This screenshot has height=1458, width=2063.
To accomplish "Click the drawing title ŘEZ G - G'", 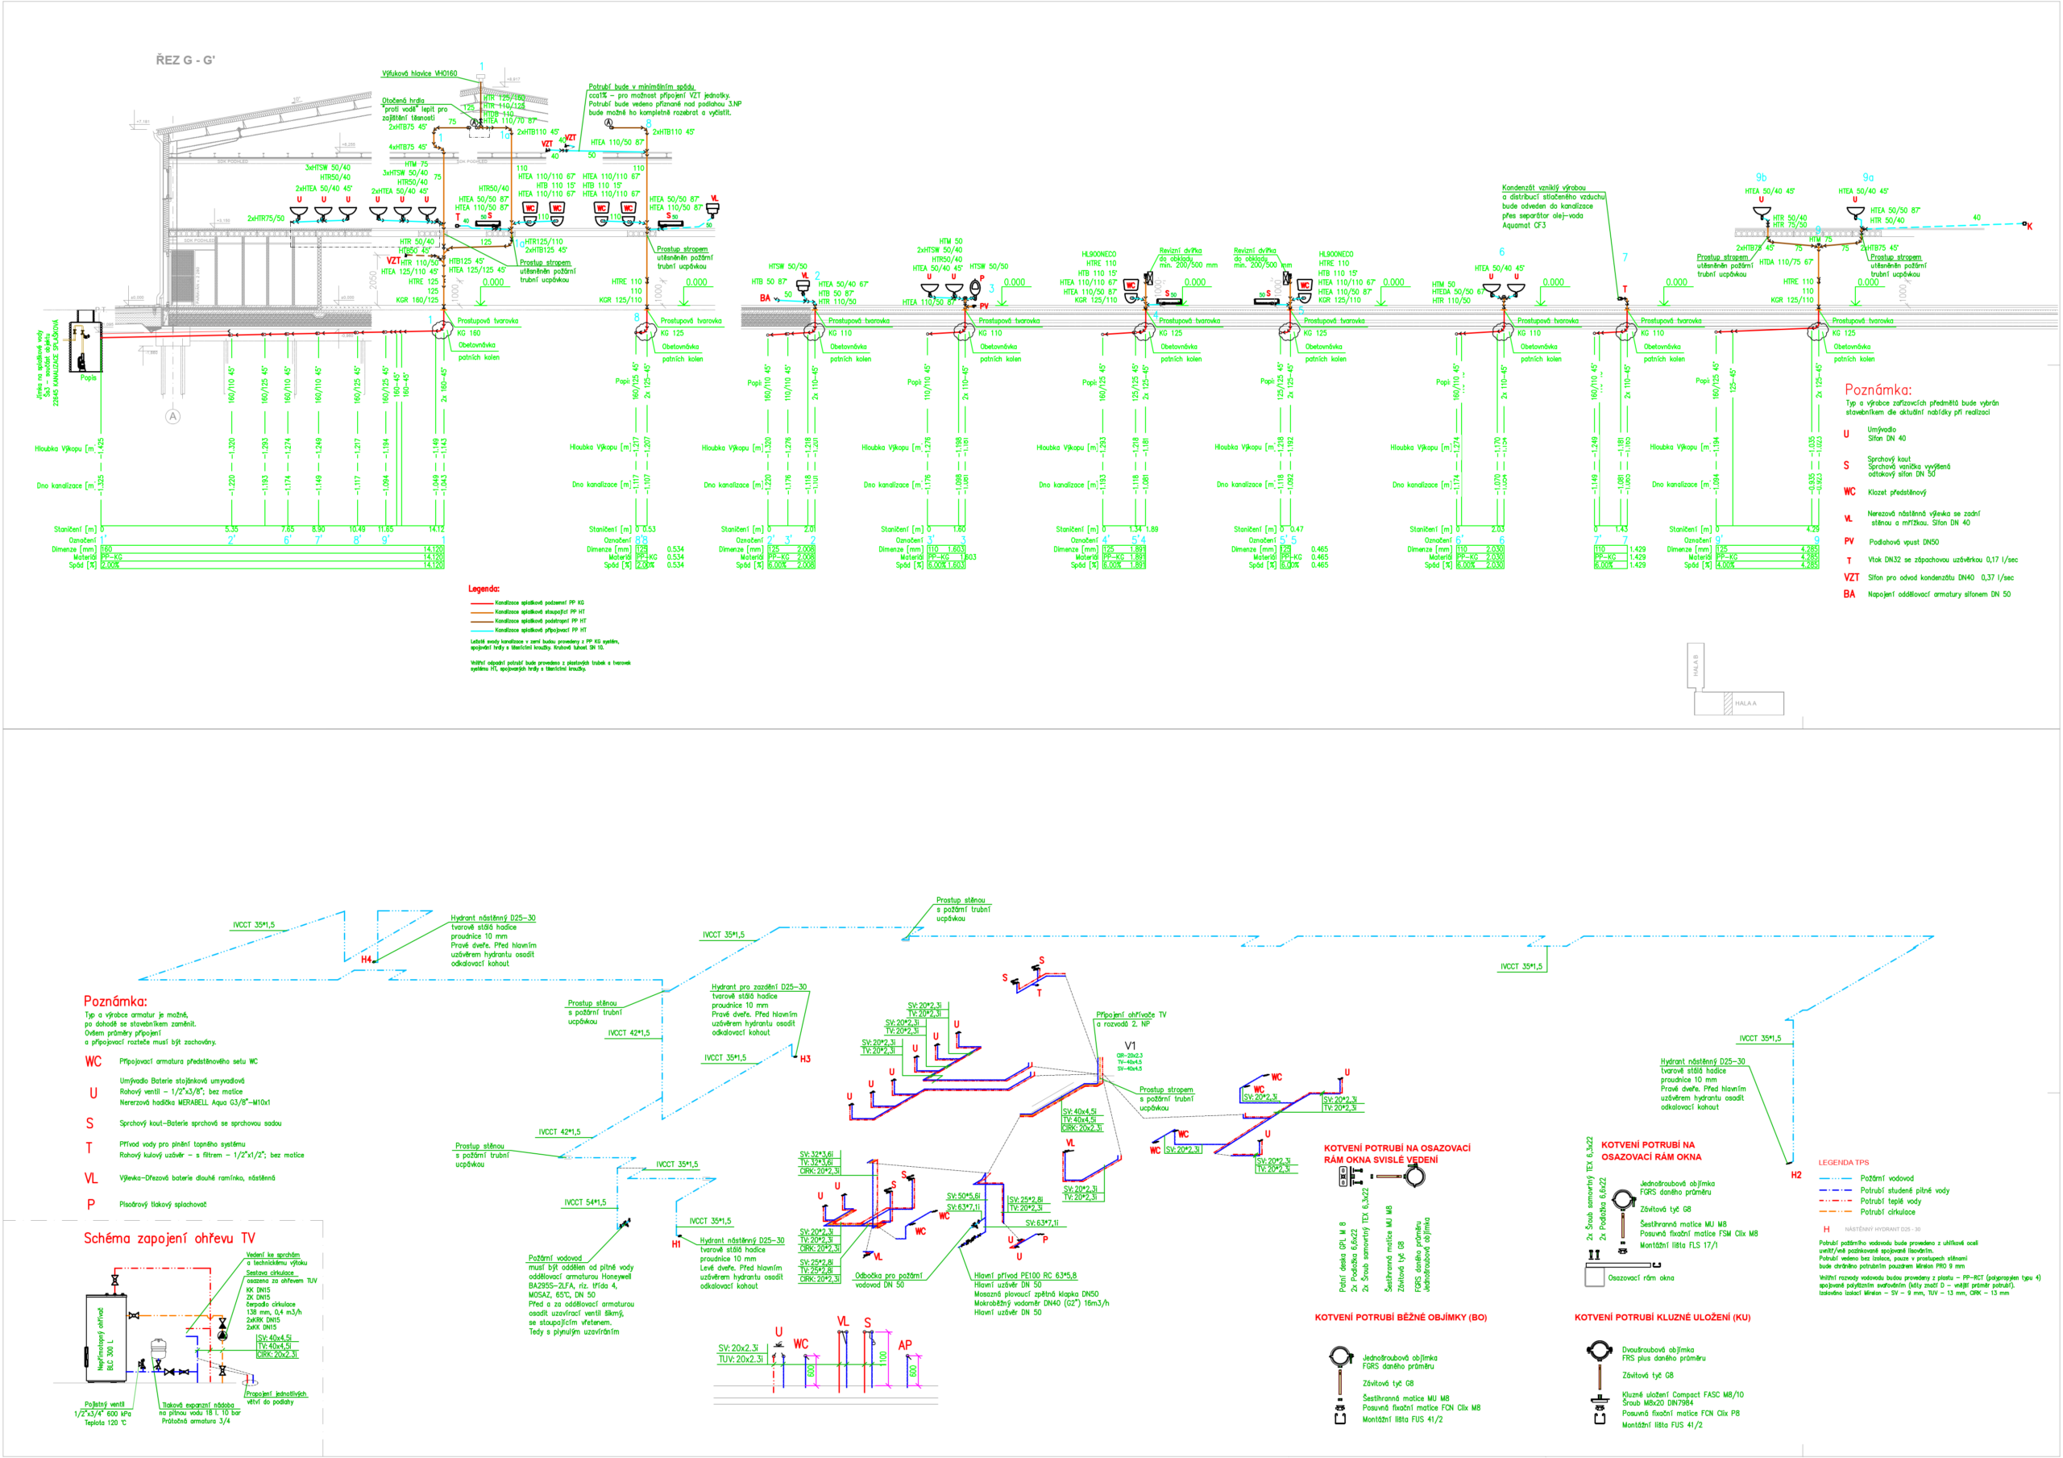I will (185, 60).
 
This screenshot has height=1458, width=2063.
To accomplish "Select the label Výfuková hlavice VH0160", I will (420, 73).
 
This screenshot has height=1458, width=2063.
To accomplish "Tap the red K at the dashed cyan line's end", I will (2030, 227).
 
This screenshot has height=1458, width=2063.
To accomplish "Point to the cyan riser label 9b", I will (1761, 178).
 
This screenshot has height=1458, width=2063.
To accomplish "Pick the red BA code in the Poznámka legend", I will (1849, 594).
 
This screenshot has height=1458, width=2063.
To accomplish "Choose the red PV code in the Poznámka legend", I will (1849, 542).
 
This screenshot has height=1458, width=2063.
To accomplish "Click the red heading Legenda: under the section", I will (484, 589).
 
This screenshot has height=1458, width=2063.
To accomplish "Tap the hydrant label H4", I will (366, 960).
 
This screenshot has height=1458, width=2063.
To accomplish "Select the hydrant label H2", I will (1796, 1175).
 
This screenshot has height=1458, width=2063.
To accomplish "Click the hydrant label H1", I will (677, 1244).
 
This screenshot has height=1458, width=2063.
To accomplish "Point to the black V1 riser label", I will (1131, 1045).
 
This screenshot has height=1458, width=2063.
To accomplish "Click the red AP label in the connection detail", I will (905, 1346).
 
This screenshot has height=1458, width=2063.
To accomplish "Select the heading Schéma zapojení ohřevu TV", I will (169, 1239).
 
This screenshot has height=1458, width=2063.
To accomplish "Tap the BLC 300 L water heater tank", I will (101, 1339).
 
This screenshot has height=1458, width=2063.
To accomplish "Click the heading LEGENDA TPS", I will (1843, 1162).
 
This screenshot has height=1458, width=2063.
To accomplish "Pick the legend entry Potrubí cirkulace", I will (1887, 1212).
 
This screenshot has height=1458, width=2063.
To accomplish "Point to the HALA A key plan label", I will (1745, 704).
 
